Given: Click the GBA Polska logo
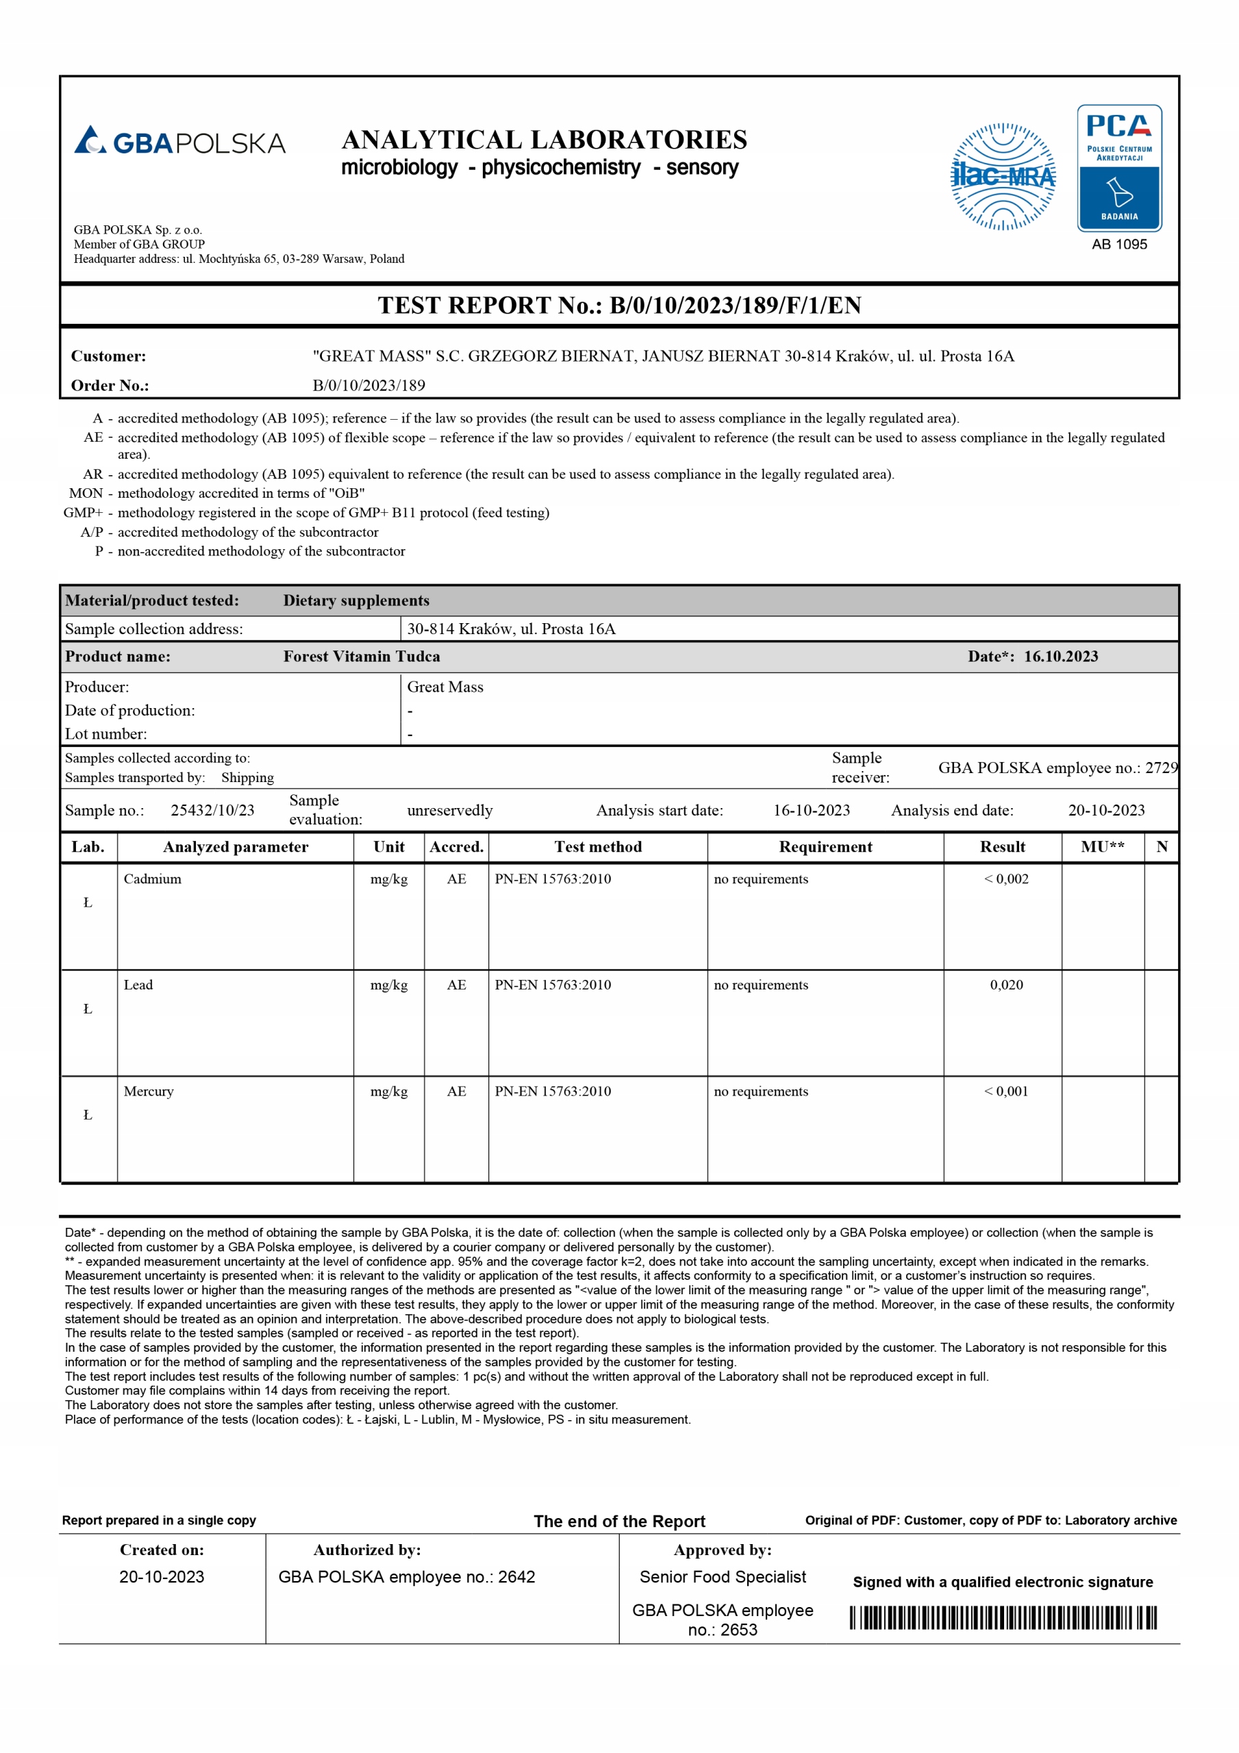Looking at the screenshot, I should pyautogui.click(x=179, y=141).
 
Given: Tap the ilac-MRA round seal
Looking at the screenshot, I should pyautogui.click(x=1003, y=177).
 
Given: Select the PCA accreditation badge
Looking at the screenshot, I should pyautogui.click(x=1119, y=168).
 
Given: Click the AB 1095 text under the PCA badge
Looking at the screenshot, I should pyautogui.click(x=1119, y=244).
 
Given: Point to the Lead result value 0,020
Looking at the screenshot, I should pyautogui.click(x=1006, y=985).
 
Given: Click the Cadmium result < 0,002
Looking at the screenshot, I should pyautogui.click(x=1006, y=879).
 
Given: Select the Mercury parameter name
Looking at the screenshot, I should pyautogui.click(x=148, y=1091).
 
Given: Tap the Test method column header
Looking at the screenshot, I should pyautogui.click(x=597, y=847).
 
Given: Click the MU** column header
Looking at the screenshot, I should pyautogui.click(x=1102, y=847).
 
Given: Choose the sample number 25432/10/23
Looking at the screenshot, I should pyautogui.click(x=212, y=810).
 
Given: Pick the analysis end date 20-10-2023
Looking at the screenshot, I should pyautogui.click(x=1106, y=810).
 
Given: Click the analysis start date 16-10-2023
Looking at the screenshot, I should pyautogui.click(x=811, y=810).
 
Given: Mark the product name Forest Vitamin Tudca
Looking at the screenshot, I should pyautogui.click(x=362, y=657).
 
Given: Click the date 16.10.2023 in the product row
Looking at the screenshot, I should pyautogui.click(x=1060, y=657).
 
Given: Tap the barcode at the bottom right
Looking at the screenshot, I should pyautogui.click(x=1003, y=1618).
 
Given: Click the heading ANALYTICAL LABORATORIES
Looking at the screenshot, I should pyautogui.click(x=544, y=140).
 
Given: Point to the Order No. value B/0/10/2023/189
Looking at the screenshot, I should pyautogui.click(x=369, y=386).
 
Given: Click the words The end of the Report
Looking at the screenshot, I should pyautogui.click(x=618, y=1521).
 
